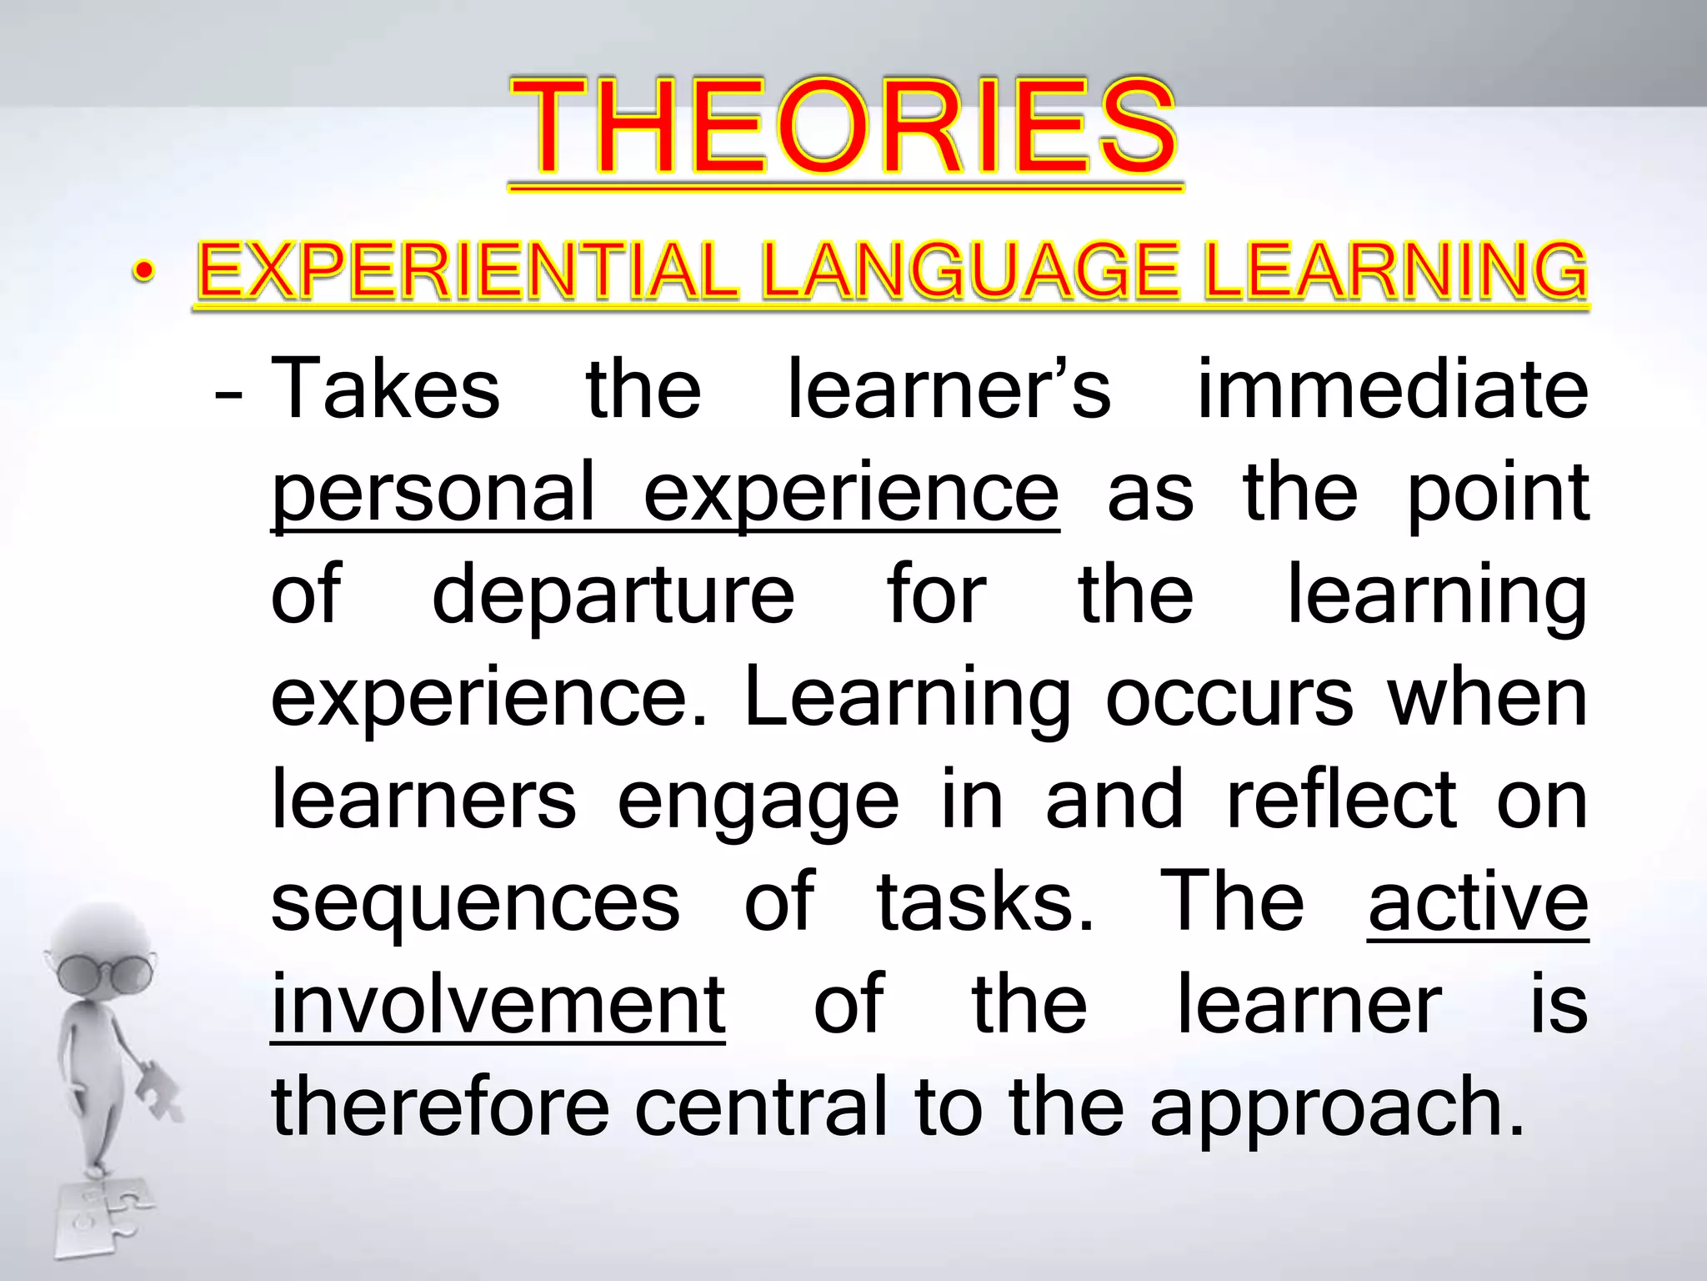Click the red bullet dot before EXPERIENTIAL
coord(143,272)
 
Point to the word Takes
coord(385,389)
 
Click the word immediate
coord(1392,389)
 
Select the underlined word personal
coord(433,494)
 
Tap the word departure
coord(613,595)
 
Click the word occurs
coord(1229,698)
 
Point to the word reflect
coord(1341,801)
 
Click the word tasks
coord(984,902)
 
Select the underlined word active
coord(1478,902)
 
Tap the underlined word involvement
coord(498,1005)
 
